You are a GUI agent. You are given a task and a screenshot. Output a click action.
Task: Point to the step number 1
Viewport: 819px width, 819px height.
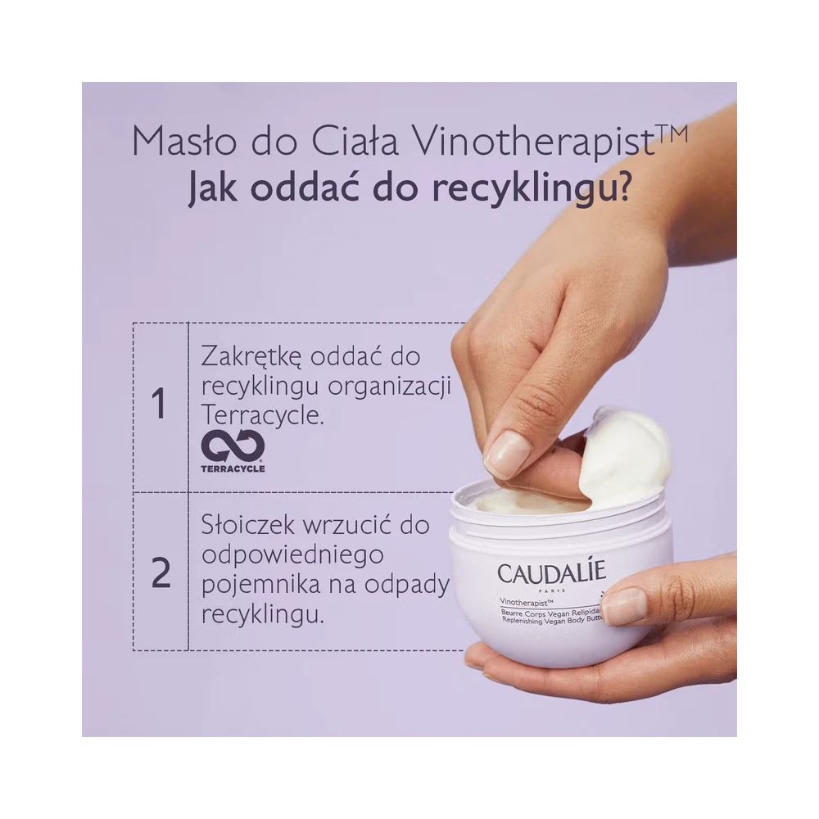click(159, 404)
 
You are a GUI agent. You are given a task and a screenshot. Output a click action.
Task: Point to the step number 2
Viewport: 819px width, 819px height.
click(161, 573)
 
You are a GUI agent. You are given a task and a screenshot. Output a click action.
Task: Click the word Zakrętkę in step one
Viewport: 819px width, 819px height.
click(251, 358)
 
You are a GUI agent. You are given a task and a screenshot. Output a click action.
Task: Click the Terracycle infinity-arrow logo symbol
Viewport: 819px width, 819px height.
click(233, 446)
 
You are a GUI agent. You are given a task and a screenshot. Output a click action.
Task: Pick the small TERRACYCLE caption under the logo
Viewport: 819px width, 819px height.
click(233, 468)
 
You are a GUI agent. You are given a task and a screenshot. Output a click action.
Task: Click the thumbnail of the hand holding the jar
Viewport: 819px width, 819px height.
click(623, 607)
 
